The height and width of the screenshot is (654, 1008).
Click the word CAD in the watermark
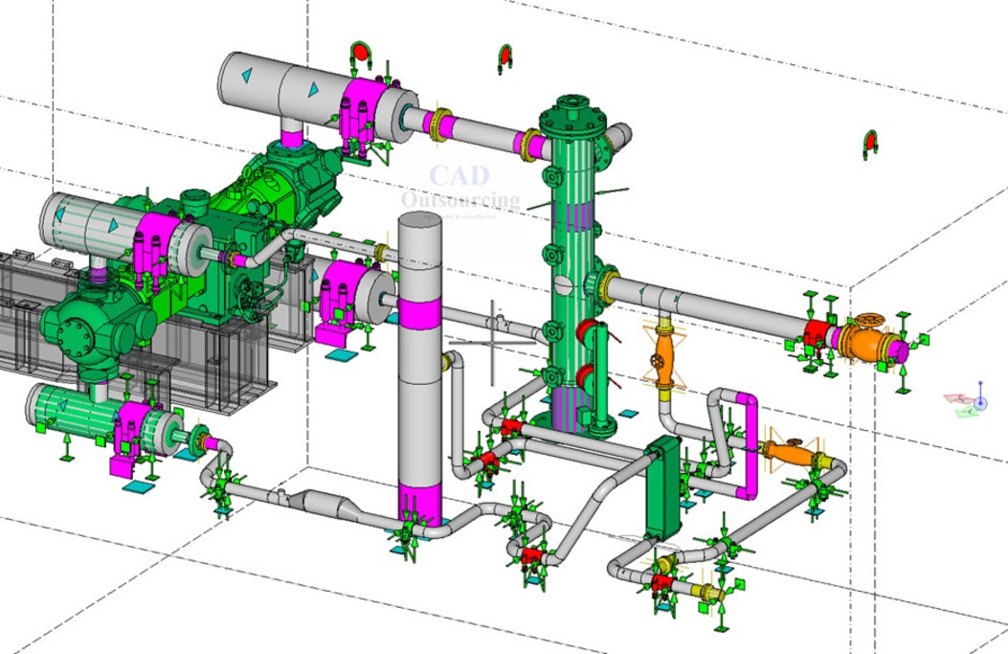click(459, 176)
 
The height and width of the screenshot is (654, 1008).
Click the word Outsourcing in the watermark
click(460, 200)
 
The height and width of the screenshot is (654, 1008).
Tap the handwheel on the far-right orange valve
click(870, 320)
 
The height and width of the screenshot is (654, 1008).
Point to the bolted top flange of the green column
click(571, 106)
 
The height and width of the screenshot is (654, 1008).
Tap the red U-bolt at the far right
click(870, 143)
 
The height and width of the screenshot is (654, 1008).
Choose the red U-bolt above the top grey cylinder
click(361, 55)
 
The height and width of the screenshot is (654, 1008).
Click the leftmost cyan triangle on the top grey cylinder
click(246, 74)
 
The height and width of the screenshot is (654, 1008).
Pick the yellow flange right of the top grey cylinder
click(439, 125)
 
